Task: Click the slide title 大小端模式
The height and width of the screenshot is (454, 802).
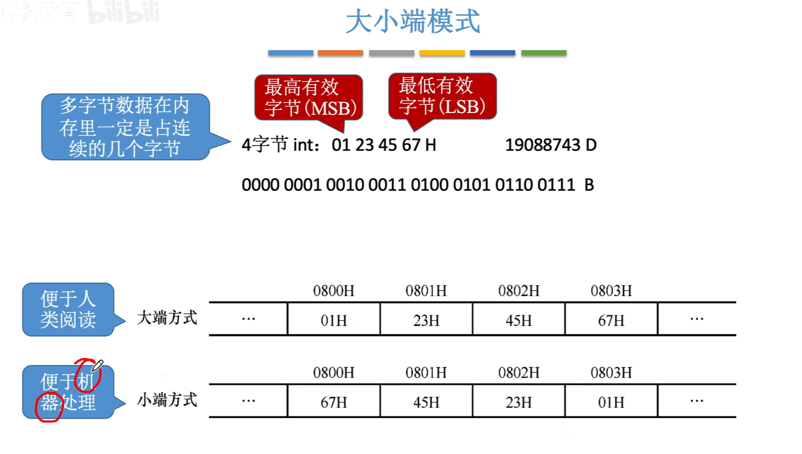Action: pyautogui.click(x=413, y=22)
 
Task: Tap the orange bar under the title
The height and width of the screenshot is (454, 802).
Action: pyautogui.click(x=340, y=53)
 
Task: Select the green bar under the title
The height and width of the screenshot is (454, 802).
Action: pyautogui.click(x=544, y=53)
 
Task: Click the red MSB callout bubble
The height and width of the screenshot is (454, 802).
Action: pyautogui.click(x=309, y=97)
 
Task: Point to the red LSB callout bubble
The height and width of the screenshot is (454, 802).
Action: pyautogui.click(x=442, y=96)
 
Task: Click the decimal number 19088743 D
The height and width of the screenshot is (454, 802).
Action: pyautogui.click(x=550, y=145)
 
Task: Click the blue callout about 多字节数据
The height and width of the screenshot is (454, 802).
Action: pyautogui.click(x=125, y=127)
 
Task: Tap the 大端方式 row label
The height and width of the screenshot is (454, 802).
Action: pyautogui.click(x=167, y=318)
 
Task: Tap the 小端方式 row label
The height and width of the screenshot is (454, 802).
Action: pyautogui.click(x=167, y=400)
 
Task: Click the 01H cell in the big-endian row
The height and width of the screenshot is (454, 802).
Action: pyautogui.click(x=334, y=320)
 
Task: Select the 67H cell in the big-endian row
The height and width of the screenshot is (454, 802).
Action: pyautogui.click(x=611, y=320)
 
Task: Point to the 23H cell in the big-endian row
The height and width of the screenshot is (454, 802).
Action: pyautogui.click(x=426, y=320)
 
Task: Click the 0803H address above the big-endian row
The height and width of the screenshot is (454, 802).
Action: pyautogui.click(x=611, y=291)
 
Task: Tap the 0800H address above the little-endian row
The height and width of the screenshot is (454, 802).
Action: pyautogui.click(x=334, y=373)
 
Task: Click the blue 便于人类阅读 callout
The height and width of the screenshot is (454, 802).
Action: pyautogui.click(x=68, y=309)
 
